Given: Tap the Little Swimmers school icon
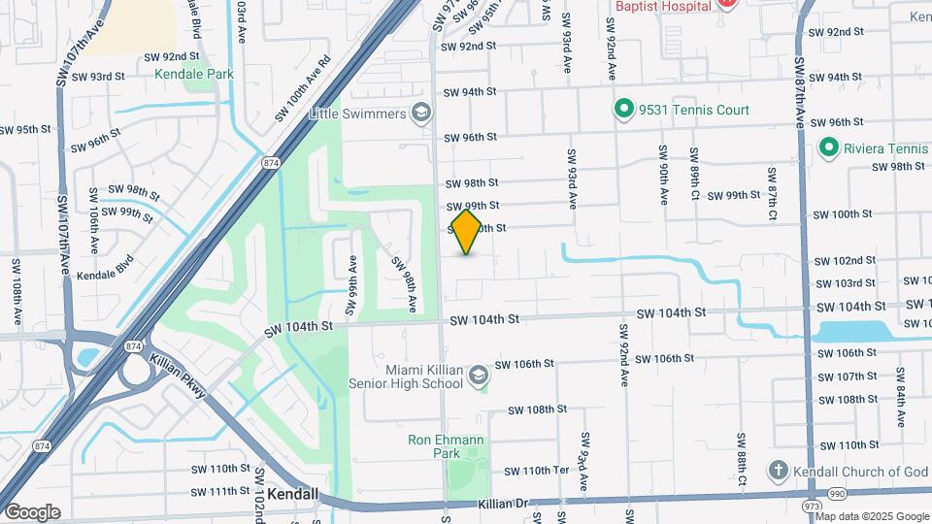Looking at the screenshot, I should [420, 114].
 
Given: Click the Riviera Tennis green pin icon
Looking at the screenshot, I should [828, 148].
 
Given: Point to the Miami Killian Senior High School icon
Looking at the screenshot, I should [478, 376].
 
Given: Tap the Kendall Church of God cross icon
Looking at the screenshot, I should [778, 472].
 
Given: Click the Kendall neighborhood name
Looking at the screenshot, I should [292, 494].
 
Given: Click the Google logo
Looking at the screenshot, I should [32, 511].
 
